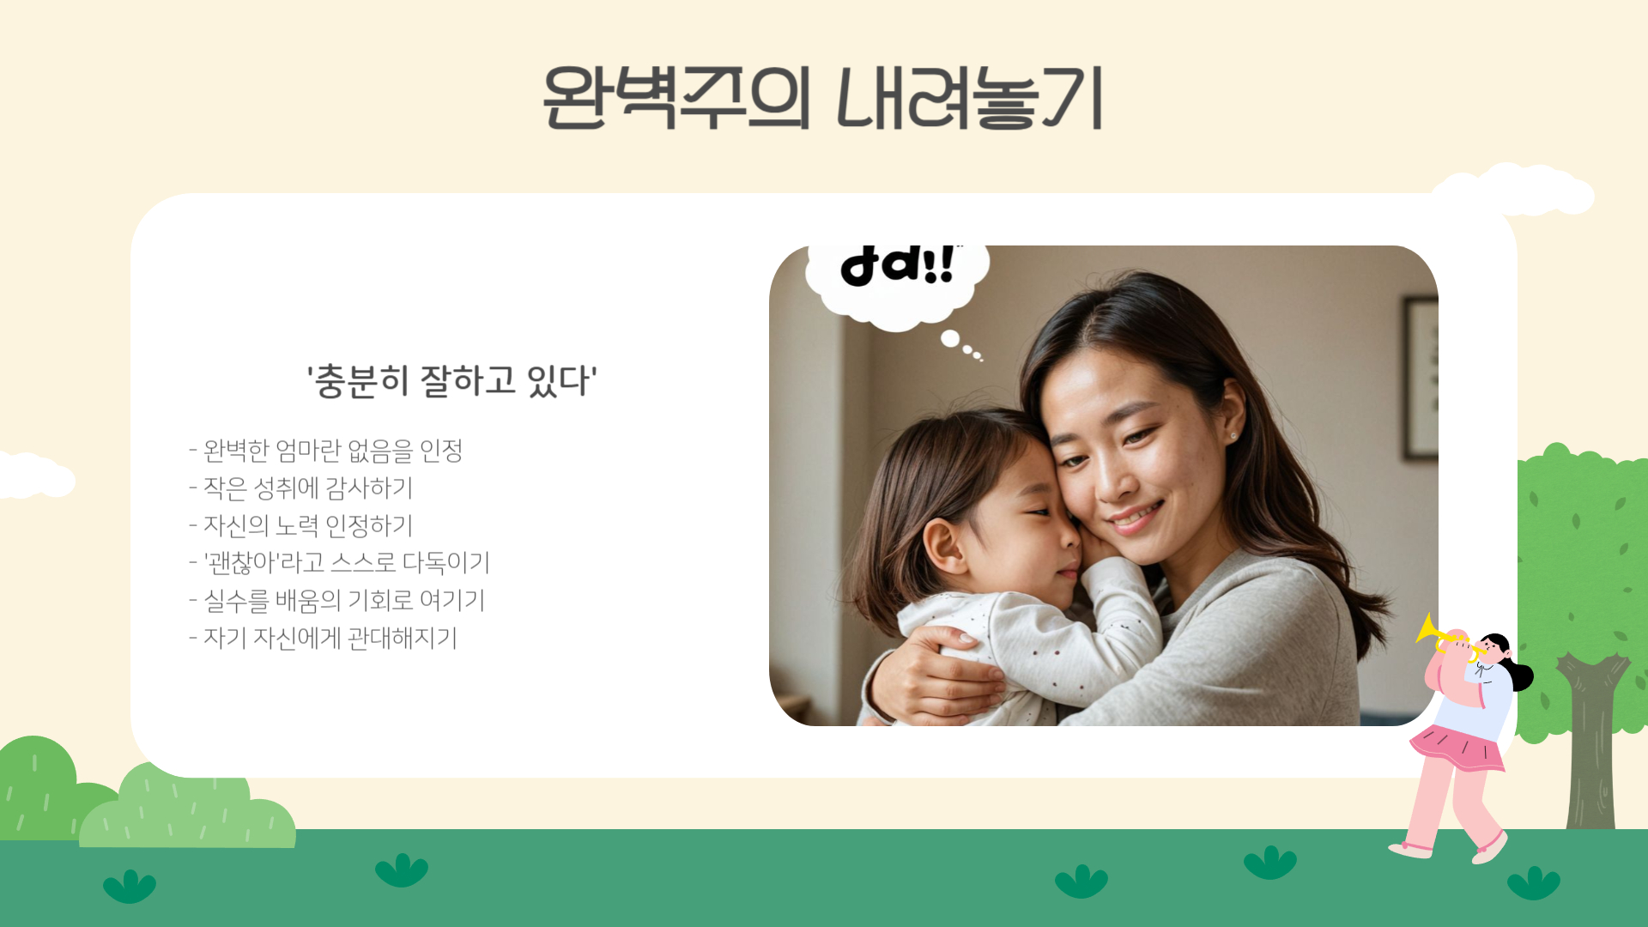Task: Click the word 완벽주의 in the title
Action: coord(676,98)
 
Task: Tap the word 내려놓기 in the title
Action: coord(970,98)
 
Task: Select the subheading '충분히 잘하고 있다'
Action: coord(452,380)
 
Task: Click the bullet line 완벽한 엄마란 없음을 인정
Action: coord(326,450)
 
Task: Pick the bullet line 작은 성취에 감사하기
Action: coord(301,488)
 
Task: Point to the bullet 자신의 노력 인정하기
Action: coord(301,525)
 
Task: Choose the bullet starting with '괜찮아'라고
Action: coord(340,563)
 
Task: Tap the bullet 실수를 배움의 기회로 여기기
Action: coord(337,601)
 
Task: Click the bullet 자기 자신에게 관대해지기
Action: coord(324,639)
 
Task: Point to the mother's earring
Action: coord(1233,436)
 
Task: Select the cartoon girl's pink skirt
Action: coord(1457,748)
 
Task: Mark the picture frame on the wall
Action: coord(1421,378)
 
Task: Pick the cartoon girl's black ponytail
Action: coord(1521,675)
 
